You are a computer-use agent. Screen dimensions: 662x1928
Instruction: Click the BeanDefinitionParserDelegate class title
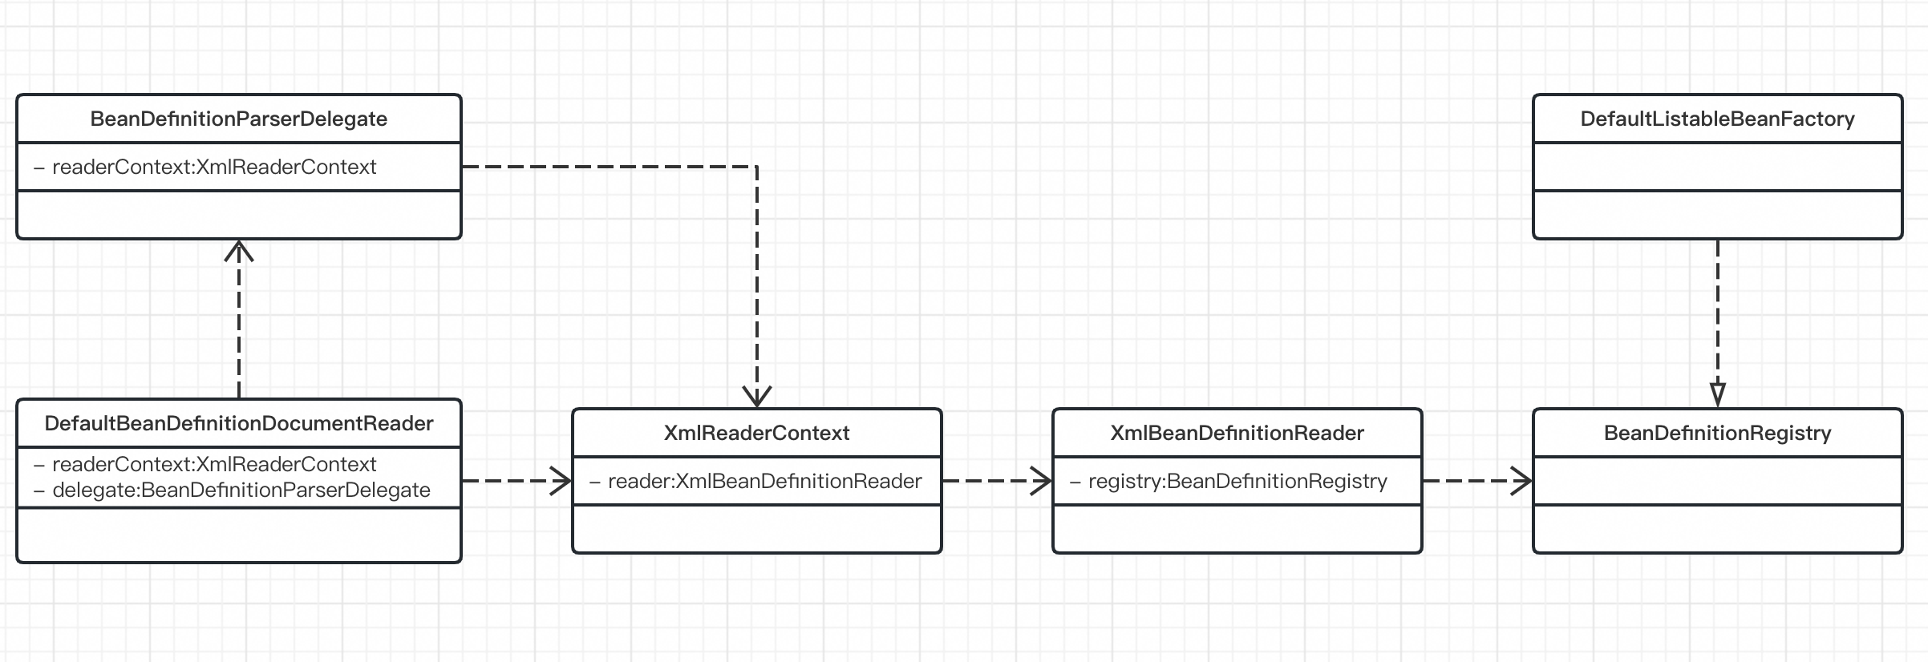tap(238, 119)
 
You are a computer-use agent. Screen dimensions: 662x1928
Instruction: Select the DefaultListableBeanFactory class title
tap(1717, 119)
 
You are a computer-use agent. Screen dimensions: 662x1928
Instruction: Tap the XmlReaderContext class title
tap(756, 433)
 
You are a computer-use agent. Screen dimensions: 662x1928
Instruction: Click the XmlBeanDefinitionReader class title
tap(1237, 433)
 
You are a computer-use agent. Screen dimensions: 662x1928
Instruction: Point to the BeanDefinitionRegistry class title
tap(1717, 433)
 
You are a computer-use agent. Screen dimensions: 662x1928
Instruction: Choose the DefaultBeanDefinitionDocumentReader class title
tap(238, 423)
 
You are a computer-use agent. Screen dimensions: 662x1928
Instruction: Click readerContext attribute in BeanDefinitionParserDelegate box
tap(213, 167)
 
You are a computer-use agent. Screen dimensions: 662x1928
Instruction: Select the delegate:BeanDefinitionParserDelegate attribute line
tap(241, 490)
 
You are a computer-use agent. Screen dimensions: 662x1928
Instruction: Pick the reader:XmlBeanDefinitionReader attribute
tap(764, 481)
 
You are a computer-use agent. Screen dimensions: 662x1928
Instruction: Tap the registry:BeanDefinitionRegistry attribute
tap(1237, 481)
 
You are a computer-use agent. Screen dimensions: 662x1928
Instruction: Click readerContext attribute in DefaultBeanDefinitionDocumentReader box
tap(213, 464)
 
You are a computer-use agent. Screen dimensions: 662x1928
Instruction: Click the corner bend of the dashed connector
tap(757, 167)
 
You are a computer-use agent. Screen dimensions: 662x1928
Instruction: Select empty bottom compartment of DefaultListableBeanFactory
tap(1717, 214)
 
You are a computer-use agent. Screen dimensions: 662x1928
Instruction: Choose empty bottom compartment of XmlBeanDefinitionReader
tap(1237, 528)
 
